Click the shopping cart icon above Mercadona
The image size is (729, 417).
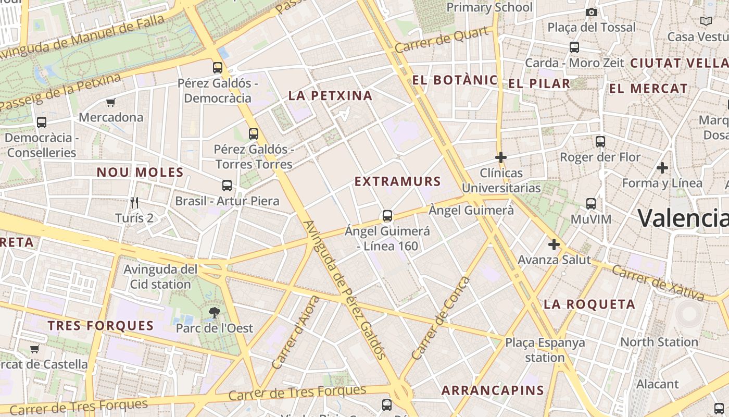point(110,102)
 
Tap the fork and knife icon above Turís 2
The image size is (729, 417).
point(134,203)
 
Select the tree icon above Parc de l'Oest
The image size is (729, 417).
point(214,313)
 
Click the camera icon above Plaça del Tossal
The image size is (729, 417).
point(591,12)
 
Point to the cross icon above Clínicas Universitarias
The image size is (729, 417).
point(501,157)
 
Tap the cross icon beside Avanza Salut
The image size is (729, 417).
point(554,244)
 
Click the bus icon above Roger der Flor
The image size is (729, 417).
point(600,141)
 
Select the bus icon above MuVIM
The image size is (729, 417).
point(591,203)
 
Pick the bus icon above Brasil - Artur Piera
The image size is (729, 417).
point(227,185)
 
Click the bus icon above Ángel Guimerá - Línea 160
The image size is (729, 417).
point(387,215)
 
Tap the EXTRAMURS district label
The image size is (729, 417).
point(398,181)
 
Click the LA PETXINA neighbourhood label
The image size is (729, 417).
point(331,95)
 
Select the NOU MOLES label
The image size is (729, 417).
point(140,172)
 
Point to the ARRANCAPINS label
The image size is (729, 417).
point(493,390)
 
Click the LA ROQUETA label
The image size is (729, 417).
point(589,304)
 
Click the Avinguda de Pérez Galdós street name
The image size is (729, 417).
point(344,290)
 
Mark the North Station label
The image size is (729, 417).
point(659,342)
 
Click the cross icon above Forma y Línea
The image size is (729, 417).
point(662,168)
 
